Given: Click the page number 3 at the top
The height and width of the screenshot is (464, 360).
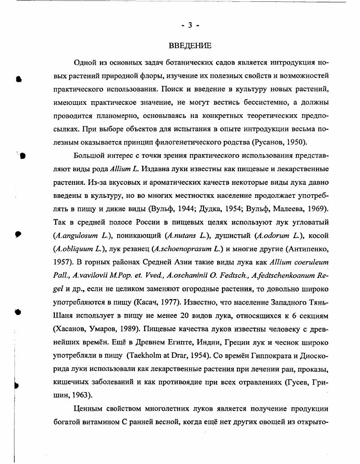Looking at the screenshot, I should (190, 25).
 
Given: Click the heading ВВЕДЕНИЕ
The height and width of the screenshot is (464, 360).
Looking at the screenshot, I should (190, 46).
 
